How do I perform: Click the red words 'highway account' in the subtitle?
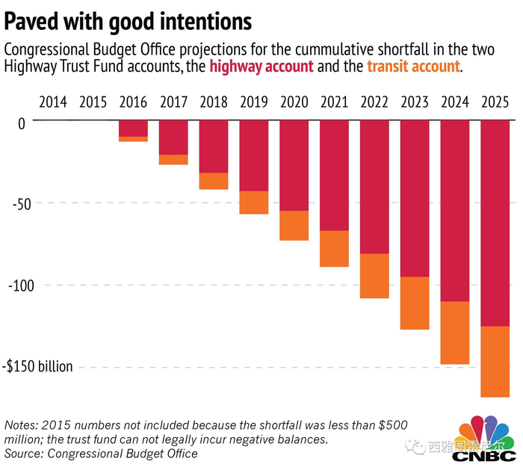[261, 67]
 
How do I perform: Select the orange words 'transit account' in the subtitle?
[413, 67]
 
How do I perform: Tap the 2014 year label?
[52, 101]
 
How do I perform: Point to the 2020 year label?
[294, 101]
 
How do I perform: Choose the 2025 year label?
[495, 101]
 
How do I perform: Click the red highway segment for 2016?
[133, 128]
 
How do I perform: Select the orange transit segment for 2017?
[173, 159]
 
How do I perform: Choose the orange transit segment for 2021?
[334, 248]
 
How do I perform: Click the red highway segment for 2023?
[415, 198]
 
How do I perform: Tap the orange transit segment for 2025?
[495, 362]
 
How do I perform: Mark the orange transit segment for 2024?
[454, 333]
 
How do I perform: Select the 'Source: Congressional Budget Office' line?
[102, 454]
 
